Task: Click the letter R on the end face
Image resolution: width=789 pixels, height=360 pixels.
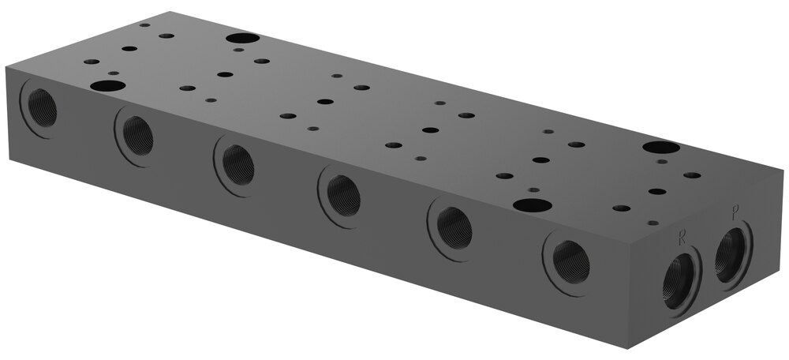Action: click(682, 238)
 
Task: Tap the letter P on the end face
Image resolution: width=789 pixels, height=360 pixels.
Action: click(735, 214)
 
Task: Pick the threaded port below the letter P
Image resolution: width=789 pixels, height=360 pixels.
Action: click(733, 255)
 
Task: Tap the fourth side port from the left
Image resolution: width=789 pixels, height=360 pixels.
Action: click(343, 195)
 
